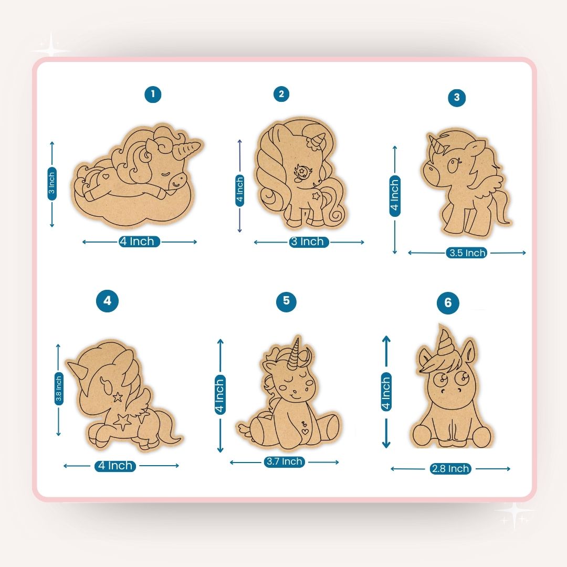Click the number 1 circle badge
(x=153, y=94)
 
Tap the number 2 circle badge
(x=281, y=94)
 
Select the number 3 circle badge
(x=457, y=97)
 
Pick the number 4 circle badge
(x=107, y=301)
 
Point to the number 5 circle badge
(x=286, y=301)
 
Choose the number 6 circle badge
(x=448, y=303)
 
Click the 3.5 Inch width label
(x=467, y=253)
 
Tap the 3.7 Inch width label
(x=284, y=461)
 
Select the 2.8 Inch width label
(x=450, y=469)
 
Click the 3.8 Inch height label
(x=58, y=389)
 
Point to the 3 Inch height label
(x=51, y=183)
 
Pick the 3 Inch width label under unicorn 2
(x=308, y=241)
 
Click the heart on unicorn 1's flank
(x=107, y=177)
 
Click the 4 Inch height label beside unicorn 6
(x=386, y=393)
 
